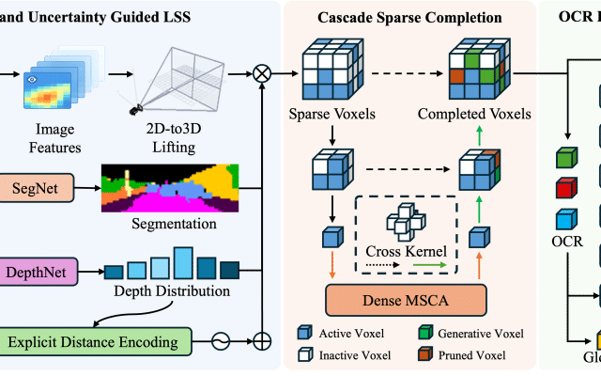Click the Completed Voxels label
[487, 114]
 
